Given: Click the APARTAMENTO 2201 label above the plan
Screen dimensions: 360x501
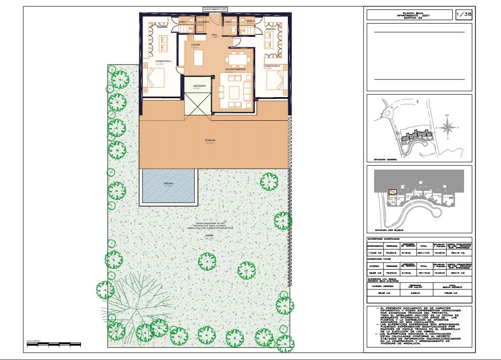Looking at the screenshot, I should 215,9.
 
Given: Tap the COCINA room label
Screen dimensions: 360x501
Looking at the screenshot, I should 196,45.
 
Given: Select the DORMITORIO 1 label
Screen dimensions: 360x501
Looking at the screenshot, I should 164,62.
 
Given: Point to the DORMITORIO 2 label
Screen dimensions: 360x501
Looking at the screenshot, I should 272,66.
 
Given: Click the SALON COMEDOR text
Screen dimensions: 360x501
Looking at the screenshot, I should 235,69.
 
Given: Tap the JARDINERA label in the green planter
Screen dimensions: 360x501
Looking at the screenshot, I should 198,86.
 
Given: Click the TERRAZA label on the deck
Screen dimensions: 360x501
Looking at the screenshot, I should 210,140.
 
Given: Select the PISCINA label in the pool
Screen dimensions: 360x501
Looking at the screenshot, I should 168,183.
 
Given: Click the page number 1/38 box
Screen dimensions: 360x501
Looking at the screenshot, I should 463,15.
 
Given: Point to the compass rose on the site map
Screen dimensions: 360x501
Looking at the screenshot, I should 446,127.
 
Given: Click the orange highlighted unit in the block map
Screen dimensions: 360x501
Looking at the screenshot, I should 393,192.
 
